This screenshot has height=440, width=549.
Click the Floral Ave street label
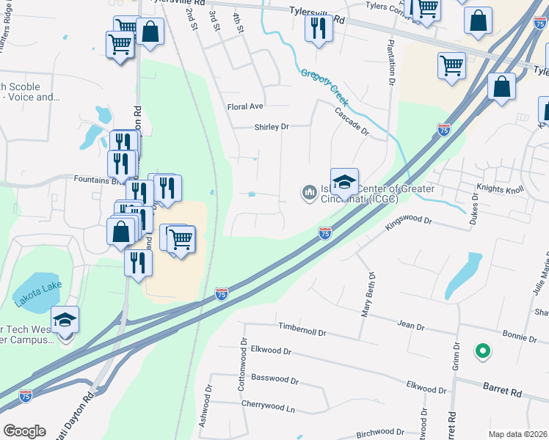pos(245,106)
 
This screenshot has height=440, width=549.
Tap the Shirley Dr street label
pos(272,127)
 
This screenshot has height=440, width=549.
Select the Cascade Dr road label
pos(352,122)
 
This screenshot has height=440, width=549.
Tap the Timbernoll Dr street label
pos(302,332)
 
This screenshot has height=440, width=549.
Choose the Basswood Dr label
pos(274,381)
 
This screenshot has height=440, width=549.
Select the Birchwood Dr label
pos(380,433)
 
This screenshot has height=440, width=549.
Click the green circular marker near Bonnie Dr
pos(482,352)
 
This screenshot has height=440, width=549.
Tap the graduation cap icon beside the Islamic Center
pos(344,180)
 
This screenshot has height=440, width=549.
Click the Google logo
pos(25,431)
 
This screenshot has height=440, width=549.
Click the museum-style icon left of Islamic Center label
pos(309,193)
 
